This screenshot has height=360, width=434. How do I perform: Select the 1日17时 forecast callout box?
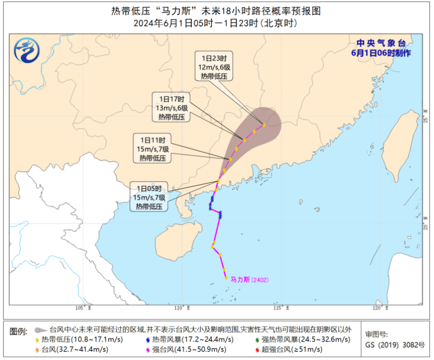(171, 107)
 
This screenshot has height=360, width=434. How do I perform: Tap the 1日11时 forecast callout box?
(152, 149)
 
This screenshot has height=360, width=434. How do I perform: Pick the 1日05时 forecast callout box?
(149, 197)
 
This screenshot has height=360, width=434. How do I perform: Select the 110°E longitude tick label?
(182, 308)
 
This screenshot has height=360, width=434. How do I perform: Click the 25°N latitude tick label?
(425, 115)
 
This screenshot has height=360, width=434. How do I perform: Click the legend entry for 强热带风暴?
(302, 339)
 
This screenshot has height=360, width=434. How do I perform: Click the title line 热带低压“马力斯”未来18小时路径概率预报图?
(216, 11)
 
